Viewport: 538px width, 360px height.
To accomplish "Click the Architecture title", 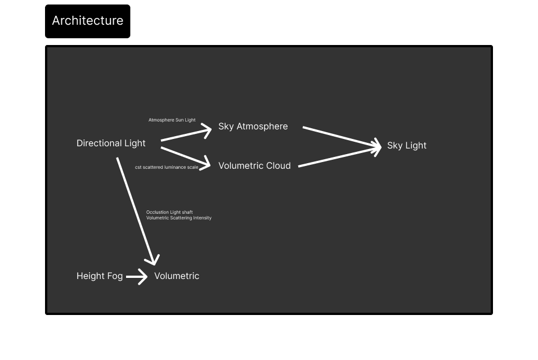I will coord(87,21).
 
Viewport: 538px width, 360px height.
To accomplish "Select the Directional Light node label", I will coord(111,143).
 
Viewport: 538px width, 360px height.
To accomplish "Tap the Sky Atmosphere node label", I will coord(253,127).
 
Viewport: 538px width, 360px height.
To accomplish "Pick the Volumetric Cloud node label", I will coord(254,166).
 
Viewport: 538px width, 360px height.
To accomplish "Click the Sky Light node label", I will coord(406,146).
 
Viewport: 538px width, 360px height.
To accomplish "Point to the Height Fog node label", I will coord(99,276).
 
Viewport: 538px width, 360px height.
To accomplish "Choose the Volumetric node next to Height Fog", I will coord(177,276).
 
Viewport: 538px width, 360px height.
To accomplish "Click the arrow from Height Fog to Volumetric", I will coord(137,276).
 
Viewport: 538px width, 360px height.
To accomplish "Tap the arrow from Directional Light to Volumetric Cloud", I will coord(186,156).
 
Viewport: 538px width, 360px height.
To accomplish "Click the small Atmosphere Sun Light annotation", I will coord(172,120).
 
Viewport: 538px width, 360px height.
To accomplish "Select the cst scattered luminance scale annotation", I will coord(167,168).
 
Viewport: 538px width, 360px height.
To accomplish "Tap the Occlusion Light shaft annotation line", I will coord(169,212).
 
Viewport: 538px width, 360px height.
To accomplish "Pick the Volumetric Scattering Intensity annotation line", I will coord(179,218).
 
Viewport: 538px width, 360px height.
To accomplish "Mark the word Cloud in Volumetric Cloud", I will coord(277,166).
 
